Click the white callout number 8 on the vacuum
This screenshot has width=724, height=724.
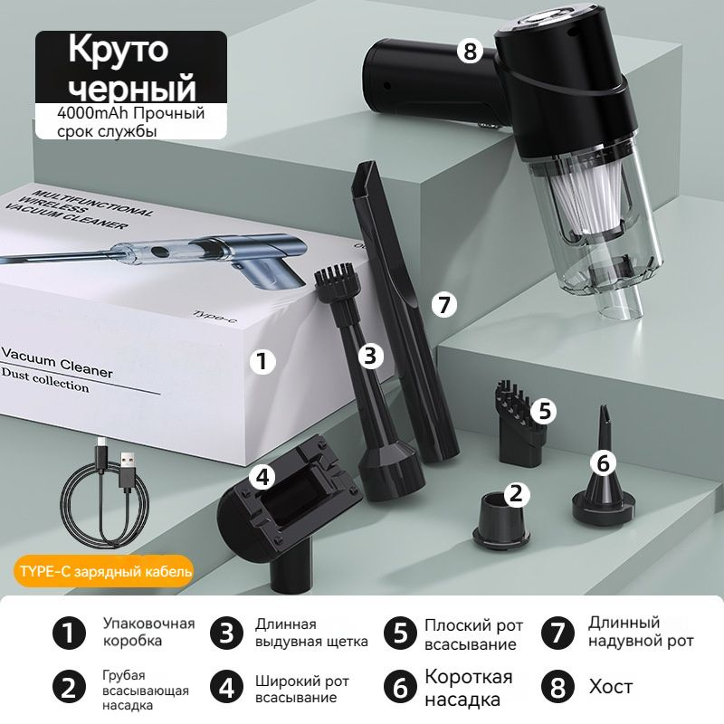point(470,51)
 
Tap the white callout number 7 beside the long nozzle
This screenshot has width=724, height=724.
point(444,305)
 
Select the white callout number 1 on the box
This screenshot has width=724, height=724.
point(262,361)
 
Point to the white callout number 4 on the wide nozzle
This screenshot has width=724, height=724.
point(262,477)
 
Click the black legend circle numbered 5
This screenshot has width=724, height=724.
point(400,633)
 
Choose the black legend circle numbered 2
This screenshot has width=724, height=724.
point(70,688)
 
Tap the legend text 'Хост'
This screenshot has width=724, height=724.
point(610,687)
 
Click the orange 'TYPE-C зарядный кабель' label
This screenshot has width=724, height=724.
point(104,571)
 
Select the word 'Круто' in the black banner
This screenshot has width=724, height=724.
point(119,49)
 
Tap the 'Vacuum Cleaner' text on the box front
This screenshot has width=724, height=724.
point(57,363)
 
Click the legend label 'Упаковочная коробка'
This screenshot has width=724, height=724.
point(148,632)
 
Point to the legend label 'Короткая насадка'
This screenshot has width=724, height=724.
point(468,688)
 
